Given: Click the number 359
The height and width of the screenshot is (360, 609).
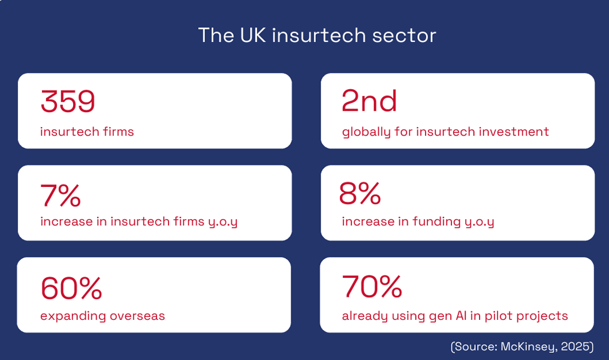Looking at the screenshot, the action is (68, 101).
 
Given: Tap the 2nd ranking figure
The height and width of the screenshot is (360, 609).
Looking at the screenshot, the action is (369, 101).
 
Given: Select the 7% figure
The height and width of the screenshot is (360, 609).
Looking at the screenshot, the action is (61, 195).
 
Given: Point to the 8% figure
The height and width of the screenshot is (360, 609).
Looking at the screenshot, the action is (360, 193).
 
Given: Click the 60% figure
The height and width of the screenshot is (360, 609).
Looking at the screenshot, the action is (71, 288).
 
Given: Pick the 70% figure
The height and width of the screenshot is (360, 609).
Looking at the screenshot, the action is (372, 286).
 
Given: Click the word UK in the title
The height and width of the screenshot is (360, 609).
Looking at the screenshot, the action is (253, 35).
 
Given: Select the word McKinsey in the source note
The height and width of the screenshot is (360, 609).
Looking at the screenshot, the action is (529, 346).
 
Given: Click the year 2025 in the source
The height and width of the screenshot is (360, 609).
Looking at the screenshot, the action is (575, 346).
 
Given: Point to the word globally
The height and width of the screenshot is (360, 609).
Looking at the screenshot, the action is (366, 132).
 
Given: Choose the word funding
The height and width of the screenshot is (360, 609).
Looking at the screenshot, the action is (436, 222).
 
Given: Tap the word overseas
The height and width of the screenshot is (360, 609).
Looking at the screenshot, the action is (137, 316).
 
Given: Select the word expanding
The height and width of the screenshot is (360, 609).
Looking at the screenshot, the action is (73, 316).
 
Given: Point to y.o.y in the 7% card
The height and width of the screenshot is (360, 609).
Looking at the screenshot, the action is (223, 222).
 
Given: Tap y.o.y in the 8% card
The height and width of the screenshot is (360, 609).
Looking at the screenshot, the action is (480, 222).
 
